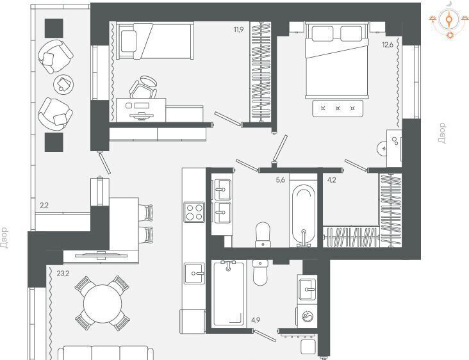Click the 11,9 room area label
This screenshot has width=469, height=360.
pos(239,29)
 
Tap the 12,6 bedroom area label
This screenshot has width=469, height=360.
pos(388,45)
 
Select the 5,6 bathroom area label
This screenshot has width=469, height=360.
pos(280,180)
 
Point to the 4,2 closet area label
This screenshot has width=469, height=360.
pos(332,180)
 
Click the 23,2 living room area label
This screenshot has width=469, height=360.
pos(63,273)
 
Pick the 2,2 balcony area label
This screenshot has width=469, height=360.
pos(44,206)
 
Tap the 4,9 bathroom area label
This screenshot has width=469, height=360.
pos(256,320)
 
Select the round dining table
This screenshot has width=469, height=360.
pos(103,303)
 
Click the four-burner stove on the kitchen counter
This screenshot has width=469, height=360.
pos(194,212)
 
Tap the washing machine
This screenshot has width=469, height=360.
pos(307,316)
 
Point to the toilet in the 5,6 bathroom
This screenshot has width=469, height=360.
pos(263,234)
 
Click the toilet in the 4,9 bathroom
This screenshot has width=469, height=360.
pos(260,272)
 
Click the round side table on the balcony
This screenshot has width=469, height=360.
pos(63,85)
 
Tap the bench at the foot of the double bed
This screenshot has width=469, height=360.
pos(338,108)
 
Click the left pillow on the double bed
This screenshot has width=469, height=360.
pos(322,33)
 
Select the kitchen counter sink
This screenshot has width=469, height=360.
pos(194,274)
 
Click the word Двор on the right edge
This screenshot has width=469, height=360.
pos(441,133)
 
